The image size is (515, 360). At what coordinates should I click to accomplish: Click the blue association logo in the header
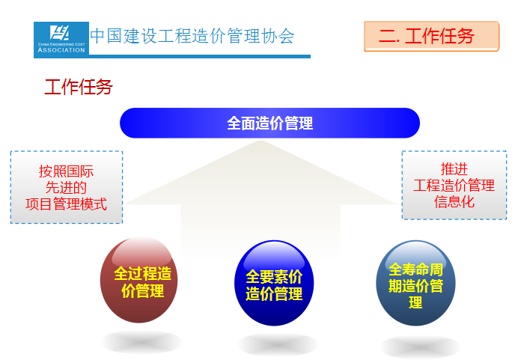(x=61, y=40)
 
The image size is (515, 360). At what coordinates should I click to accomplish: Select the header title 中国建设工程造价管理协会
(x=192, y=36)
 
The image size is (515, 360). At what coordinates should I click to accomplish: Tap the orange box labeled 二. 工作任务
(x=432, y=36)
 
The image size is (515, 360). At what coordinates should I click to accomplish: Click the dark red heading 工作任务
(x=79, y=87)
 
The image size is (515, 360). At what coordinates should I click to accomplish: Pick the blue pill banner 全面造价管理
(x=269, y=123)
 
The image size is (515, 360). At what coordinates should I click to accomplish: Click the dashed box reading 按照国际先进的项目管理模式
(x=67, y=187)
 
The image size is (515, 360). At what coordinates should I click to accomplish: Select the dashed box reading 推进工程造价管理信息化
(x=454, y=186)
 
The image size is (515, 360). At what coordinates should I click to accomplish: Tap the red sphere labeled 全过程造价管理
(x=139, y=280)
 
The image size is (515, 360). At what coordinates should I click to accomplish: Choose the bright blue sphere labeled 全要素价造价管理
(x=274, y=283)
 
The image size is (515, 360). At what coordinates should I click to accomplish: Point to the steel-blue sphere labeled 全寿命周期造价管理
(x=415, y=283)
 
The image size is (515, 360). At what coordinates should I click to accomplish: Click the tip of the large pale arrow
(x=260, y=141)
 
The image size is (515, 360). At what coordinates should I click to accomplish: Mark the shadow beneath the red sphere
(x=141, y=342)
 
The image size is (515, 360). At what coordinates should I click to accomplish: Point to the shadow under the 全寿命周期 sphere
(x=420, y=347)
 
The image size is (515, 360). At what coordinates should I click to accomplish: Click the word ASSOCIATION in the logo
(x=61, y=50)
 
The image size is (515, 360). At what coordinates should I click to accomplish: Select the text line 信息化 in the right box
(x=454, y=201)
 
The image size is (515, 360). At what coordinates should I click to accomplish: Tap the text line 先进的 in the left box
(x=66, y=188)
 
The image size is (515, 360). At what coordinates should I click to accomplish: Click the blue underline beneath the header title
(x=200, y=56)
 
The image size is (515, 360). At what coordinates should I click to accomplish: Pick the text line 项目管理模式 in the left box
(x=67, y=204)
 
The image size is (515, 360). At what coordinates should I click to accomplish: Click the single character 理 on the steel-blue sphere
(x=415, y=302)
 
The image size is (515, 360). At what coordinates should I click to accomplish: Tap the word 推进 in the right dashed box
(x=454, y=169)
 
